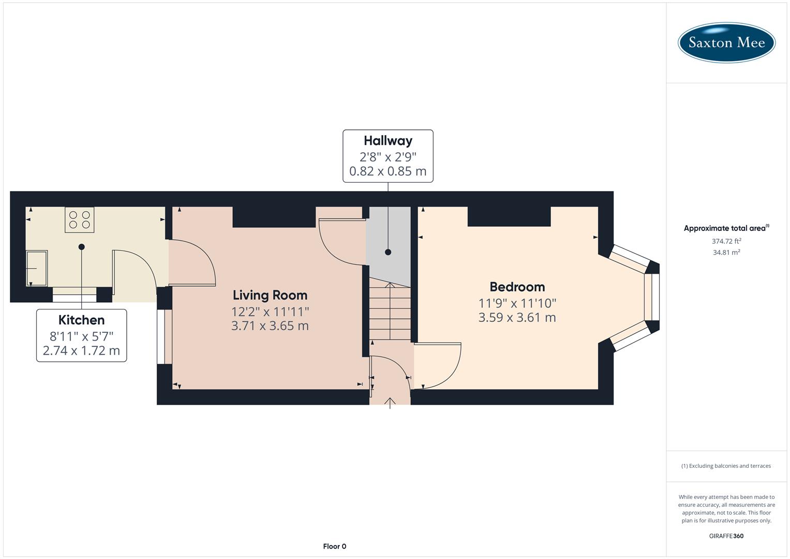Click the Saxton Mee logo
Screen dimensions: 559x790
(726, 42)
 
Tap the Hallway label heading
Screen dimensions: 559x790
(387, 141)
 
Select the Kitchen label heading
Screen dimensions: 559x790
(81, 320)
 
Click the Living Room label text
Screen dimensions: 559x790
(270, 295)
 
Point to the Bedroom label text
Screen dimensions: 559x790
(517, 287)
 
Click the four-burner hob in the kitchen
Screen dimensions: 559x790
(80, 219)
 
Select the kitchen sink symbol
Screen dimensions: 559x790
(36, 268)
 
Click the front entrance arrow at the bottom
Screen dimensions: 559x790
(390, 402)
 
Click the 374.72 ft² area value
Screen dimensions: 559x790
(726, 241)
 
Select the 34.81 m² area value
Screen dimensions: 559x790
(726, 253)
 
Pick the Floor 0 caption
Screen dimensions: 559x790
(334, 546)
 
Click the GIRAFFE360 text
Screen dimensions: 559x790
(726, 536)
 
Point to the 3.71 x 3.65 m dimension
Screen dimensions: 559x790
(270, 326)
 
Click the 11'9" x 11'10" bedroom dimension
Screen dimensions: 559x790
(517, 303)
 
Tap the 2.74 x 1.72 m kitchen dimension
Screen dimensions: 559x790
(81, 350)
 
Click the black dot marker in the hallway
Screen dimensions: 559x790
(388, 252)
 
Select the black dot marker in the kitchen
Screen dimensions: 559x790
(81, 247)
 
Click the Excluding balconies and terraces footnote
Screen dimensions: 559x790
(726, 466)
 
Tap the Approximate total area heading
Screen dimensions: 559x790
(725, 228)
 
